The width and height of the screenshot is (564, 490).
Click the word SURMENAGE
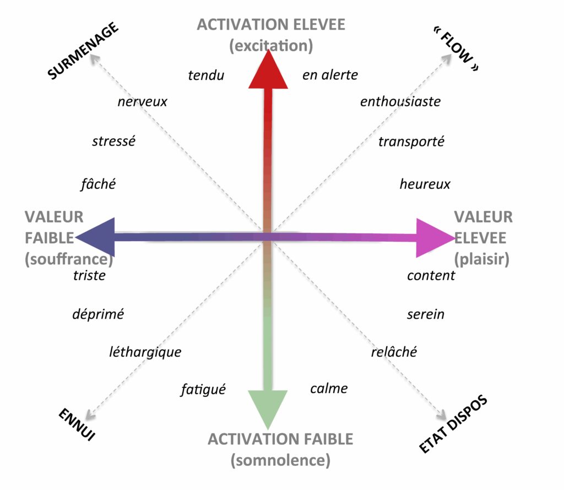[83, 51]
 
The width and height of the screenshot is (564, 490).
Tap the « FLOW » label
[457, 49]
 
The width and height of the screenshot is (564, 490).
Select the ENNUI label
[77, 424]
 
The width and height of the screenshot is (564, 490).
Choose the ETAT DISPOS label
[454, 424]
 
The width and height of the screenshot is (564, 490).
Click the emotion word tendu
[206, 75]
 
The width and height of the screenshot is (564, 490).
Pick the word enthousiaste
[400, 102]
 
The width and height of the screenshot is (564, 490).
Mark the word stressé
[113, 141]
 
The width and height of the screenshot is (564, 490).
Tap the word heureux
[425, 184]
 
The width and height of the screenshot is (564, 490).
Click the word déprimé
[98, 314]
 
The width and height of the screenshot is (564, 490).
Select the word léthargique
[145, 352]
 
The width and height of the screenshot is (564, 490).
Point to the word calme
[329, 389]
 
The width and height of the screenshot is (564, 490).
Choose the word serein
[426, 314]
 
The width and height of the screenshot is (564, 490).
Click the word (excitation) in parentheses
[271, 46]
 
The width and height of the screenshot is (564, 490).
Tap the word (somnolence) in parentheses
[280, 460]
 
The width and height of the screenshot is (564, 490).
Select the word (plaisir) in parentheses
[481, 259]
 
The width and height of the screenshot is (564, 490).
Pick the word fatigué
[203, 389]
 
